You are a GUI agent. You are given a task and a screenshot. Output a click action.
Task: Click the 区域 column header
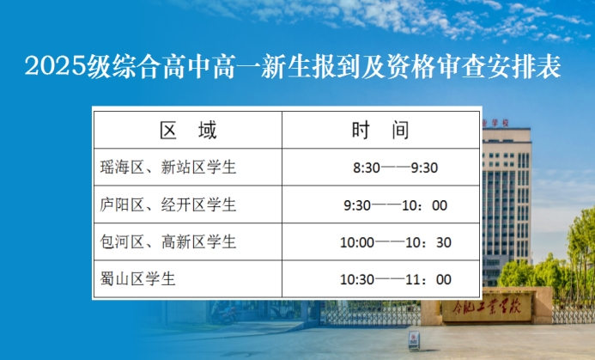(188, 131)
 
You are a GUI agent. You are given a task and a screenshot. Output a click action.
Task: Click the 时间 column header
(380, 131)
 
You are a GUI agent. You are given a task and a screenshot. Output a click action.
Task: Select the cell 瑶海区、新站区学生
(168, 167)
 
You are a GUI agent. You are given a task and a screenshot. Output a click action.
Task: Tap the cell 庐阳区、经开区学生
(168, 204)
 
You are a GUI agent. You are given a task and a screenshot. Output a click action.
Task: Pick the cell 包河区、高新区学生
(168, 242)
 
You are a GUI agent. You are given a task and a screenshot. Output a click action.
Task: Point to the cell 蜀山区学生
(137, 278)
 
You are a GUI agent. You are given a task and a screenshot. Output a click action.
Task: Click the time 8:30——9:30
(396, 168)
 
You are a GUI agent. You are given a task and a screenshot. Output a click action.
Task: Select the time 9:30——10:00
(396, 205)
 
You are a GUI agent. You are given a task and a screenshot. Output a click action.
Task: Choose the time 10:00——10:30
(396, 242)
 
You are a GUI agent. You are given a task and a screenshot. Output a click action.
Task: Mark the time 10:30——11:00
(396, 279)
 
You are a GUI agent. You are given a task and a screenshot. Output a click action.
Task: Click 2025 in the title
(56, 66)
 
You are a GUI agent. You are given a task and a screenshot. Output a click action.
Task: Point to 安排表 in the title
(524, 66)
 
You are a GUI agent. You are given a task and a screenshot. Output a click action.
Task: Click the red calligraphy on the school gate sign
(487, 308)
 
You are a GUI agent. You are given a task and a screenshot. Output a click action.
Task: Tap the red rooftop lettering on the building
(495, 123)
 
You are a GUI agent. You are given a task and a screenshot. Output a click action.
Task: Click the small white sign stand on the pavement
(414, 340)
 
